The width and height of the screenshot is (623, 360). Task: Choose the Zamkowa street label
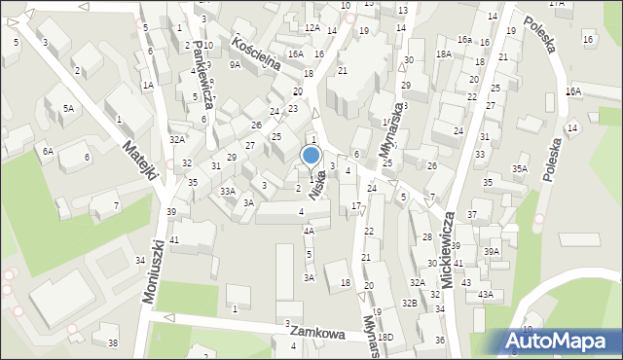317,333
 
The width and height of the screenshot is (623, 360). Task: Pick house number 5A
68,109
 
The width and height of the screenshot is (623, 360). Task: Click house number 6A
47,151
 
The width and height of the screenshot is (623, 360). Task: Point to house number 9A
235,64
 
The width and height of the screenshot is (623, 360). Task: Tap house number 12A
311,28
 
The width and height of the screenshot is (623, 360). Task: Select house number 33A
227,192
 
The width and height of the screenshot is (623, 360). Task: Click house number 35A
520,169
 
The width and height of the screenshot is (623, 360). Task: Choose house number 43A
485,294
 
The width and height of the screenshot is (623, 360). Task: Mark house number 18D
386,337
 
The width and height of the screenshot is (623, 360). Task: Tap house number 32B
412,304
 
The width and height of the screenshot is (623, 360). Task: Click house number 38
112,342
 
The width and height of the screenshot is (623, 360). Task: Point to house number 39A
492,251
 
